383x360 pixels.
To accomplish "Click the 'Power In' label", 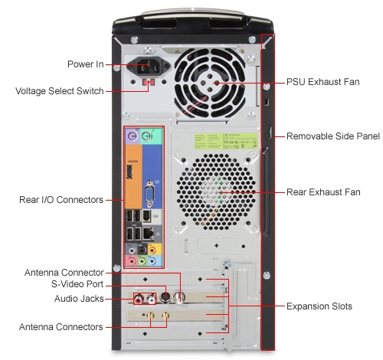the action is pos(86,64).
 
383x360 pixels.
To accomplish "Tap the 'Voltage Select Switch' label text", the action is pos(60,91).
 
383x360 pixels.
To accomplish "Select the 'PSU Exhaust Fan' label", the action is pos(323,82).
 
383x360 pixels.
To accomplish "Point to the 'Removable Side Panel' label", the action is pos(333,136).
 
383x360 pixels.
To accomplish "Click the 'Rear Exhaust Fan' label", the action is pos(323,192).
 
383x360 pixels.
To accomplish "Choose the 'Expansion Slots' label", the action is pos(319,306).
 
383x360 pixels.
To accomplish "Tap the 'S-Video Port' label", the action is pos(77,284).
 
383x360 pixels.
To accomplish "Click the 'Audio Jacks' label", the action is pos(79,299).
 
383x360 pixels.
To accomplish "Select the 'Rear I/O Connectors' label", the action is pos(61,200).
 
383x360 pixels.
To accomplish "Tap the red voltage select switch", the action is pos(149,82).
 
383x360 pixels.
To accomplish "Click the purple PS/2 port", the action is pos(133,137).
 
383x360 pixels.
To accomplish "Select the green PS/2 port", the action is pos(146,137).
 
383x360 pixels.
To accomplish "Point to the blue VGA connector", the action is pos(149,195).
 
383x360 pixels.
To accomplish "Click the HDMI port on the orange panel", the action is pos(129,172).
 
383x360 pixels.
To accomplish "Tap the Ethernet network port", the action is pos(148,233).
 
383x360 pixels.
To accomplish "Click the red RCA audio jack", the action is pos(139,298).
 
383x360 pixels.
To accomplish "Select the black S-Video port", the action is pos(165,297).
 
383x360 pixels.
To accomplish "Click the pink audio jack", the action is pos(132,261).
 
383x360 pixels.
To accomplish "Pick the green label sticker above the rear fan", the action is pos(226,141).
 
